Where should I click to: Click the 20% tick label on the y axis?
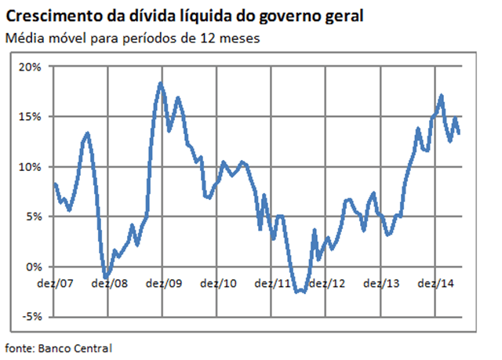[x=31, y=66]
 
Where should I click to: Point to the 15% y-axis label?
[x=31, y=116]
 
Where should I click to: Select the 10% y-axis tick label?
[x=31, y=166]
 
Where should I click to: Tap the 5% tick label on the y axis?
[x=34, y=216]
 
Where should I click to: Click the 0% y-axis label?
[x=34, y=267]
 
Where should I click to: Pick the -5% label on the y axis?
[x=32, y=317]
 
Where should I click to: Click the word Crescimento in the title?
[x=53, y=16]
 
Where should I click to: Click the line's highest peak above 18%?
[x=160, y=83]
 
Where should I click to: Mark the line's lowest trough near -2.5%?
[x=300, y=292]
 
